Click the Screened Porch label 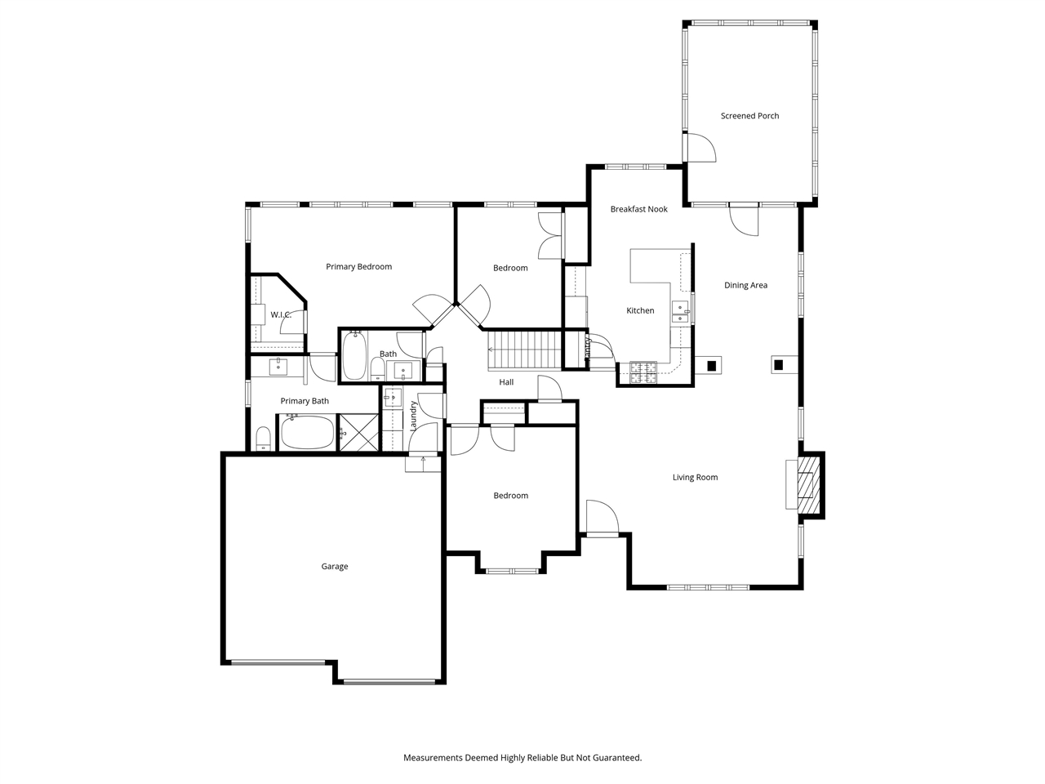tap(749, 116)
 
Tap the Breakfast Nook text tap(638, 209)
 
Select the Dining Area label tap(745, 285)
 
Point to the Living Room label tap(695, 478)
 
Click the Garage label tap(334, 567)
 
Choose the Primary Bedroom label tap(358, 266)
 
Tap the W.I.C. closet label tap(281, 314)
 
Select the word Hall tap(506, 382)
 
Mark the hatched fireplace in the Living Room tap(808, 485)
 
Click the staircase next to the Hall tap(524, 349)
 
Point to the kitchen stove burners tap(643, 372)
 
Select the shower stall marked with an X tap(358, 432)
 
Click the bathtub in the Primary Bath tap(308, 433)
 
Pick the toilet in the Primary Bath tap(263, 439)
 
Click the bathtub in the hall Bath tap(354, 356)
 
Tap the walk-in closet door tap(292, 323)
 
